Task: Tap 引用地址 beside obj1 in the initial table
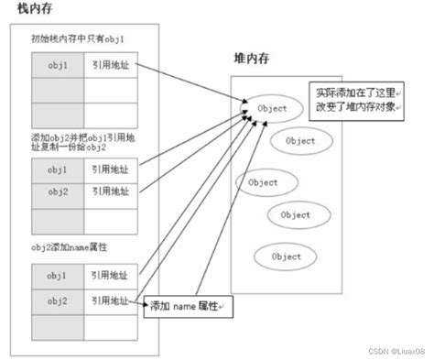point(108,66)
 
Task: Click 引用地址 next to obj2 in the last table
point(108,300)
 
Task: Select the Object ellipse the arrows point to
point(272,108)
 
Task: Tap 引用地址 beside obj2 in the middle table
point(108,193)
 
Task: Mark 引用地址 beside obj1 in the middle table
point(108,169)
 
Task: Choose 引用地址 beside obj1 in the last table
point(108,276)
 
